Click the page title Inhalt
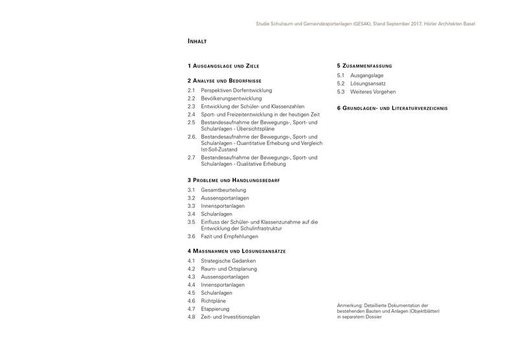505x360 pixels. (x=197, y=41)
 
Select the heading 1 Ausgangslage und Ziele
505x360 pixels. (x=223, y=66)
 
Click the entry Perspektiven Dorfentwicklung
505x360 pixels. (x=236, y=91)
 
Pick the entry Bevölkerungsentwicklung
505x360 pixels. (x=231, y=98)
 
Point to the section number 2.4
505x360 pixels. (x=192, y=115)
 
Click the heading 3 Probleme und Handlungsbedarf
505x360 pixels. (x=233, y=179)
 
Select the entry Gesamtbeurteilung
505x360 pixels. (x=223, y=190)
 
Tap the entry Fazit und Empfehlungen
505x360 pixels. (x=229, y=236)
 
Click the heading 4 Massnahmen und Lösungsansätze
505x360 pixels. (x=236, y=251)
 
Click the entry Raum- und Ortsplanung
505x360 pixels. (x=229, y=269)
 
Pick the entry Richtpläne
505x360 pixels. (x=213, y=301)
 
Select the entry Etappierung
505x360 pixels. (x=215, y=309)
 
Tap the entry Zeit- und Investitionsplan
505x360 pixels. (x=230, y=317)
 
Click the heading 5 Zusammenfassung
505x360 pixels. (x=365, y=66)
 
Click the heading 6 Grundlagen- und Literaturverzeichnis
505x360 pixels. (x=392, y=108)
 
